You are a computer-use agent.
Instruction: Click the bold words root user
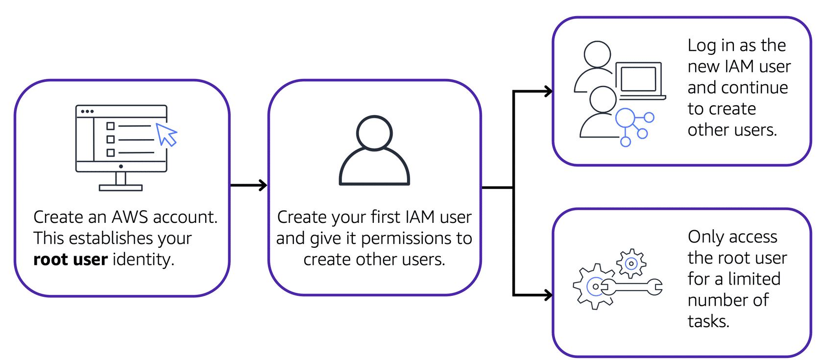[70, 259]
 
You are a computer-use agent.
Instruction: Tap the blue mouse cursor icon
[166, 134]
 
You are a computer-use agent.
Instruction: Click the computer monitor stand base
[121, 188]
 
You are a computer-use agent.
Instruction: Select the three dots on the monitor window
[87, 112]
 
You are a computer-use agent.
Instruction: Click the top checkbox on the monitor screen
[111, 126]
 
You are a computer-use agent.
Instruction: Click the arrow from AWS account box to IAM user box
[248, 185]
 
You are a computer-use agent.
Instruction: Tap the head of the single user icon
[374, 133]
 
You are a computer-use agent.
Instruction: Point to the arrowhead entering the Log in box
[549, 91]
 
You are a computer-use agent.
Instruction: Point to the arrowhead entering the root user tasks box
[549, 295]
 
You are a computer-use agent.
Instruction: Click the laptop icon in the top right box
[639, 80]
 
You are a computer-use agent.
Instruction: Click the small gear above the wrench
[631, 264]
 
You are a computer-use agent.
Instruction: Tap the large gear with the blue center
[594, 287]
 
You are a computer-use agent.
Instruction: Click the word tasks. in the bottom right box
[708, 321]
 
